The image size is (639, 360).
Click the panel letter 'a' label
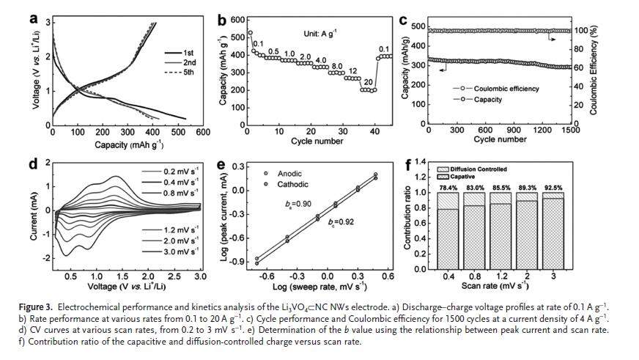pyautogui.click(x=34, y=18)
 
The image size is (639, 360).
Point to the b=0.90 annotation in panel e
pyautogui.click(x=291, y=203)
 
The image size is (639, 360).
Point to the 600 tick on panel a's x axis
pyautogui.click(x=203, y=132)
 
